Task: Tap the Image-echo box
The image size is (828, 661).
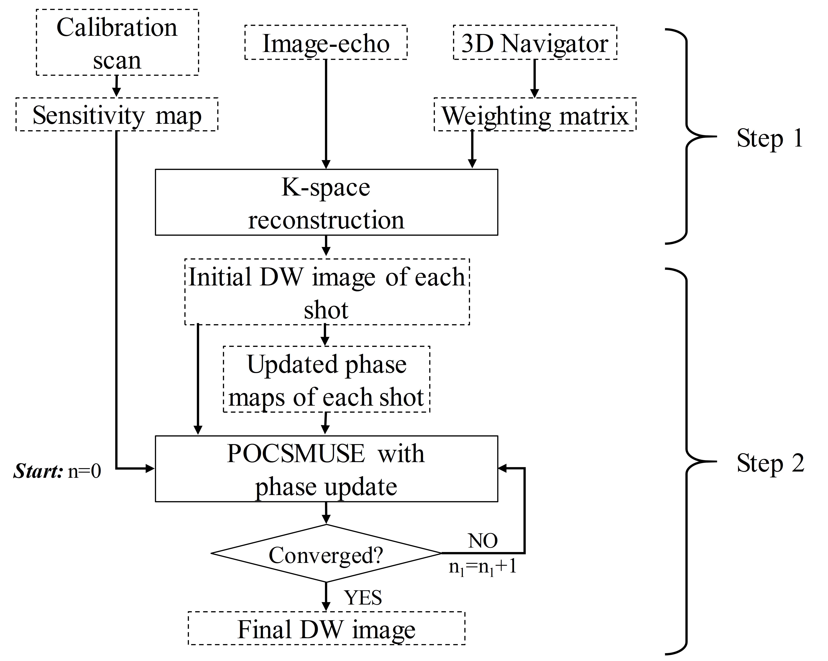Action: (x=326, y=43)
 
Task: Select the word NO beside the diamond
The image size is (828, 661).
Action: (x=483, y=541)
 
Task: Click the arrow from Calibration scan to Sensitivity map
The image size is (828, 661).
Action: (x=116, y=86)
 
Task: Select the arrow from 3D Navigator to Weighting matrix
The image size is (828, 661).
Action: (x=534, y=79)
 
